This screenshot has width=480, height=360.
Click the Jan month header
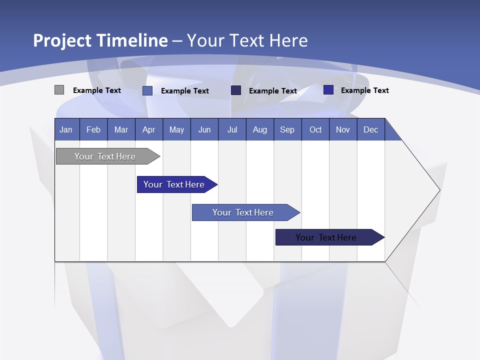(66, 129)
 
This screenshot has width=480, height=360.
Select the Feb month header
(93, 129)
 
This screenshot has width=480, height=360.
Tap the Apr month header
(148, 129)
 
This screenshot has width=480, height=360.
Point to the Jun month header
(204, 129)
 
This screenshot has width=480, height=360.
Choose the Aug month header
(259, 129)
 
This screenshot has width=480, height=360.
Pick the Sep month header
(287, 129)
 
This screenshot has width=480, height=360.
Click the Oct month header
(315, 129)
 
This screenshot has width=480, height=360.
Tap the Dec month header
(370, 129)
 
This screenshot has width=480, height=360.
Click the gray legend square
(59, 90)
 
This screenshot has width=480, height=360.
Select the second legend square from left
(147, 90)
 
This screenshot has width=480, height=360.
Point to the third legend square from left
(236, 90)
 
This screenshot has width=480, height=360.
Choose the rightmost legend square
(328, 90)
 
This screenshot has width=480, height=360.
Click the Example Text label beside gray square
(97, 90)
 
